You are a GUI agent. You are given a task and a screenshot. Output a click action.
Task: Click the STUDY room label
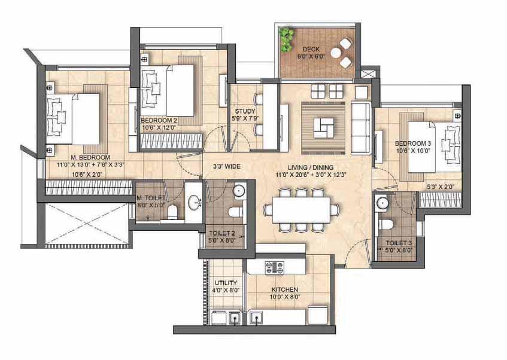pyautogui.click(x=245, y=112)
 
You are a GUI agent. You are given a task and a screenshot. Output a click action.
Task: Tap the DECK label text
pyautogui.click(x=311, y=50)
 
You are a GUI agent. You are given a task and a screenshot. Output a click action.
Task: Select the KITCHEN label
pyautogui.click(x=284, y=289)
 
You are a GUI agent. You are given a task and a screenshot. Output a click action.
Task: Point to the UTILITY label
pyautogui.click(x=226, y=283)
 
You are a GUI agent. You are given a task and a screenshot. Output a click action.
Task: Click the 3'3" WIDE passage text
pyautogui.click(x=227, y=167)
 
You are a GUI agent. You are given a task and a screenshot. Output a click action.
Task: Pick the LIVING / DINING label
pyautogui.click(x=311, y=167)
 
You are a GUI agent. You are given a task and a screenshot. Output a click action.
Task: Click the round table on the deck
pyautogui.click(x=336, y=53)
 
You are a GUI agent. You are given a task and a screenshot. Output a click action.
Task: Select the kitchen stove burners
pyautogui.click(x=275, y=268)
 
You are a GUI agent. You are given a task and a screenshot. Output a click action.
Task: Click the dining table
pyautogui.click(x=301, y=210)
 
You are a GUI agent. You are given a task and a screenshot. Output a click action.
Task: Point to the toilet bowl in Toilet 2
pyautogui.click(x=235, y=212)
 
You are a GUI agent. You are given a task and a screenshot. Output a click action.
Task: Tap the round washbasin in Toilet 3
pyautogui.click(x=382, y=203)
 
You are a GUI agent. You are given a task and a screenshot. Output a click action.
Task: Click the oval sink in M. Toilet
pyautogui.click(x=195, y=203)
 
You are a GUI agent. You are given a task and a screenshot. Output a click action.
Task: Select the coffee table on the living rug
pyautogui.click(x=323, y=128)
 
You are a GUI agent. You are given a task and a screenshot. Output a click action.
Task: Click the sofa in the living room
pyautogui.click(x=360, y=128)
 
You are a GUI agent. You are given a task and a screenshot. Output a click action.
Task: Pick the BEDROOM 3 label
pyautogui.click(x=413, y=144)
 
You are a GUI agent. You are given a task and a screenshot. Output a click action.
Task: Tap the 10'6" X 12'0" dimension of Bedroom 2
pyautogui.click(x=159, y=127)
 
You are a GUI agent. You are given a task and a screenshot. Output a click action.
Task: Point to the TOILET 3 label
pyautogui.click(x=399, y=243)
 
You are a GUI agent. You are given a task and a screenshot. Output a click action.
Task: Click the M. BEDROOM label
pyautogui.click(x=90, y=157)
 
